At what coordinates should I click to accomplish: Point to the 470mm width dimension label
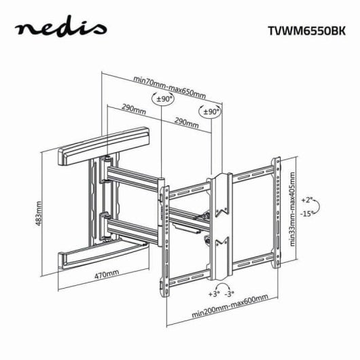pyautogui.click(x=107, y=274)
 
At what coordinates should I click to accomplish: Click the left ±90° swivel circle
pyautogui.click(x=164, y=99)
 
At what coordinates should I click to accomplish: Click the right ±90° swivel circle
pyautogui.click(x=209, y=111)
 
